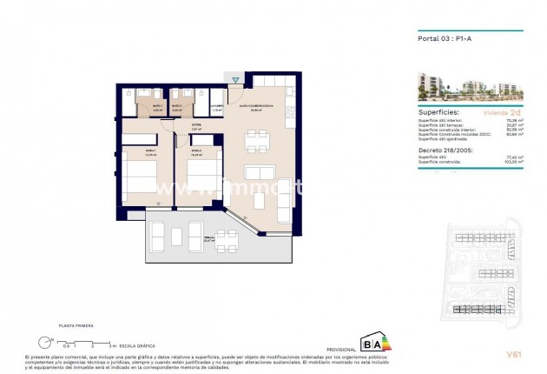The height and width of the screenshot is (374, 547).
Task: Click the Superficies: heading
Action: pyautogui.click(x=439, y=112)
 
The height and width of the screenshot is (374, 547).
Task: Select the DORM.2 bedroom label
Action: pyautogui.click(x=195, y=150)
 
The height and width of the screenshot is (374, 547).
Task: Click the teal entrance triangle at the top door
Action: pyautogui.click(x=235, y=80)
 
